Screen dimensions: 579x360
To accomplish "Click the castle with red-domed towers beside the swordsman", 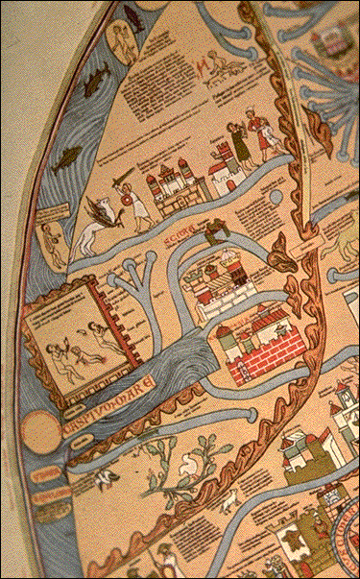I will tap(170, 188).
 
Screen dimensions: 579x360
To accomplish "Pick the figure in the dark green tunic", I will tap(238, 144).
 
